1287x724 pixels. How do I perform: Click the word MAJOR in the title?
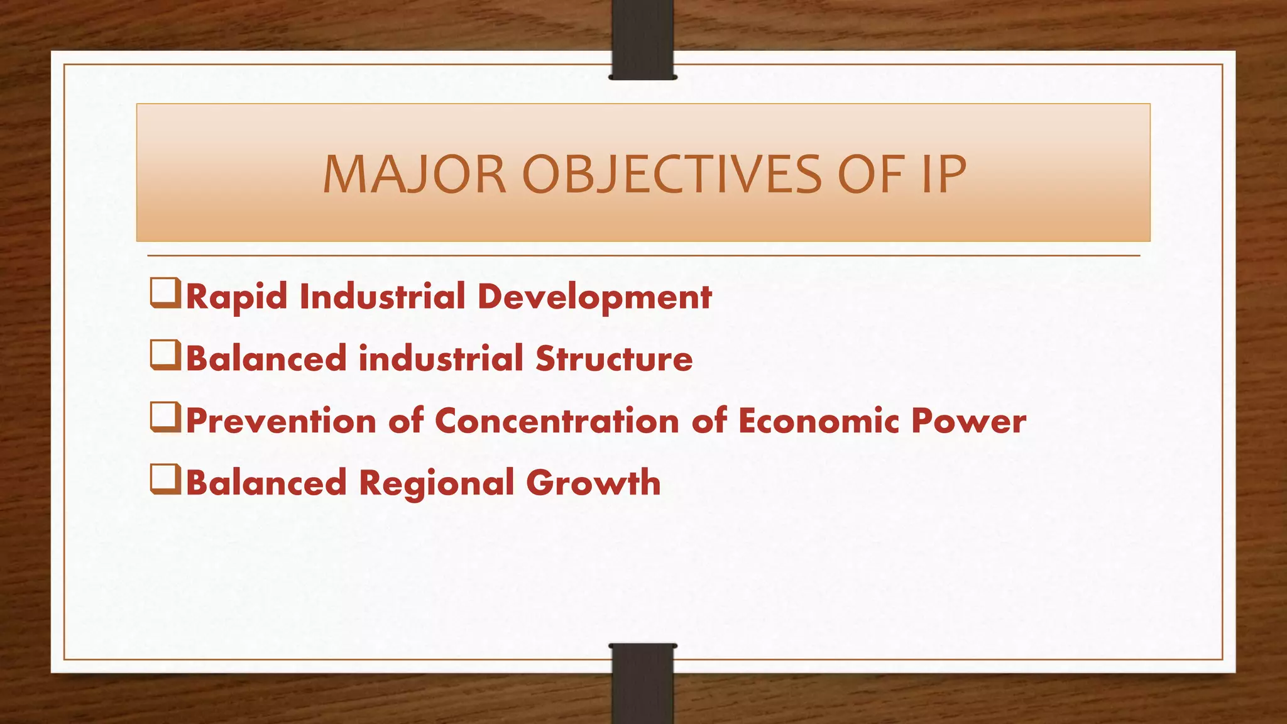[x=414, y=175]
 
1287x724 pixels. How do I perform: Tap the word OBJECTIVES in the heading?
[x=671, y=175]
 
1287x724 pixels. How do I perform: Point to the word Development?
[x=594, y=297]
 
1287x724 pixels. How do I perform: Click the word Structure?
[x=614, y=359]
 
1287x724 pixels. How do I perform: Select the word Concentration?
[x=557, y=420]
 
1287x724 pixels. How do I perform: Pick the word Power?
[x=968, y=420]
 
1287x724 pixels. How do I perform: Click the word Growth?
[x=593, y=483]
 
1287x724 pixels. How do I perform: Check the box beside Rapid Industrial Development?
[x=165, y=294]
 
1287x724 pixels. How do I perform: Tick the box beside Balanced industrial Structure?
[x=165, y=356]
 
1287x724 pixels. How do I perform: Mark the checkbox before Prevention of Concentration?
[x=165, y=418]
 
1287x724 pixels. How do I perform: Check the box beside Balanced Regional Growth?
[x=165, y=480]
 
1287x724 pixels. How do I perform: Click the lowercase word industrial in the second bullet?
[x=441, y=359]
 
